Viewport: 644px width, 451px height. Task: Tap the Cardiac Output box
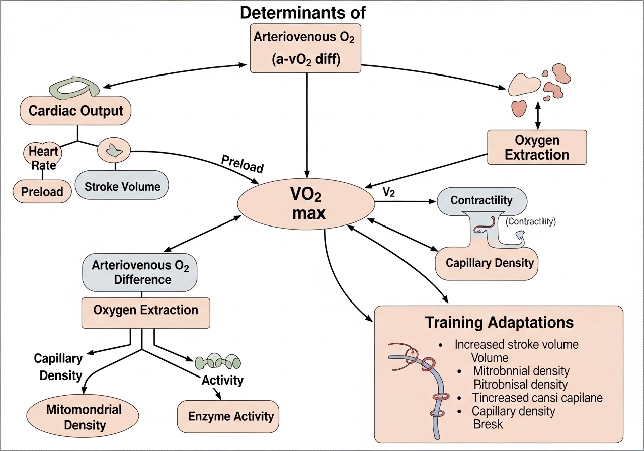coord(76,111)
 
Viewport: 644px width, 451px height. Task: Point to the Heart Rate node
coord(42,157)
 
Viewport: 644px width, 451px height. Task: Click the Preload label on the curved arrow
coord(242,163)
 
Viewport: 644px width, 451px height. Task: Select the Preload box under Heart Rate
coord(42,191)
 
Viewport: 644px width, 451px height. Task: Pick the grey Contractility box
coord(481,200)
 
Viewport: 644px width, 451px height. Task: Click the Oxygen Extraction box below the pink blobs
coord(537,147)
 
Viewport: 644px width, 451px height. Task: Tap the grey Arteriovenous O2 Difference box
coord(139,272)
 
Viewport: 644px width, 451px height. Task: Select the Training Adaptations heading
coord(499,322)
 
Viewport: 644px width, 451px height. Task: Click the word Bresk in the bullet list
coord(488,424)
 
